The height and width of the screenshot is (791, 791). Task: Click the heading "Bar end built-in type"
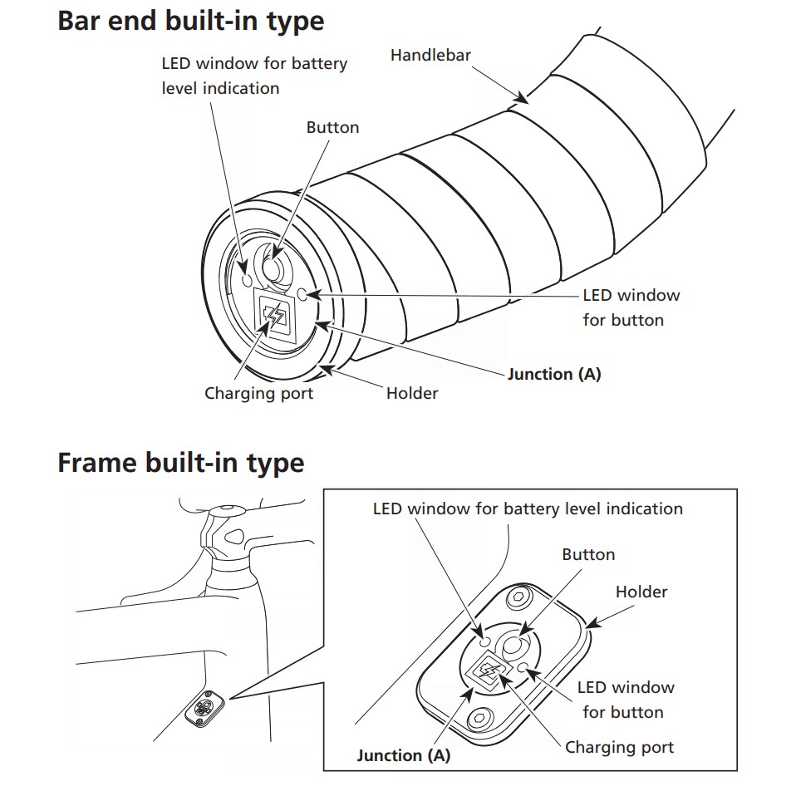coord(190,21)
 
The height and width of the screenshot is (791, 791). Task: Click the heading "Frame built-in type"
coord(180,462)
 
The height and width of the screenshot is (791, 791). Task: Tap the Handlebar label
coord(430,56)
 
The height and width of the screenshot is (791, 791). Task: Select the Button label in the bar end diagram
coord(332,127)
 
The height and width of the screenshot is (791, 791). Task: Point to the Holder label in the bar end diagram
coord(411,392)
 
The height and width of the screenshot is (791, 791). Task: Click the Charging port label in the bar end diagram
coord(259,392)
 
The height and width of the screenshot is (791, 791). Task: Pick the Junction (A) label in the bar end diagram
coord(553,374)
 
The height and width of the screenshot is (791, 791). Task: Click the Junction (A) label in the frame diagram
coord(403,755)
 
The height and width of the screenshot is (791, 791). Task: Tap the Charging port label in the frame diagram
coord(619,747)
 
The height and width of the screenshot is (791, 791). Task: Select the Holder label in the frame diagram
coord(641,592)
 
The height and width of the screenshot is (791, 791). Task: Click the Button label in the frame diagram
coord(588,554)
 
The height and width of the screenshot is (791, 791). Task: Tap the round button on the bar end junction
coord(273,268)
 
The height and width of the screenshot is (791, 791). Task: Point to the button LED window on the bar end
coord(302,293)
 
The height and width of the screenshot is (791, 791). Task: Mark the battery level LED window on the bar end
coord(246,280)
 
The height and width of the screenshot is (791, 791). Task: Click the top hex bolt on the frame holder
coord(521,597)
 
